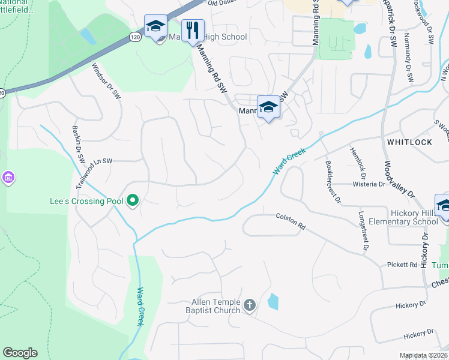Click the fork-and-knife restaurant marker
click(193, 30)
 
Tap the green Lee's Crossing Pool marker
click(134, 202)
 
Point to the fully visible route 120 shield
click(136, 37)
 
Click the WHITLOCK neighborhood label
click(409, 142)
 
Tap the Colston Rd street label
click(291, 221)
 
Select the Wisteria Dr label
click(369, 185)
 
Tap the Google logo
click(20, 353)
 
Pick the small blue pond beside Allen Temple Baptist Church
click(273, 301)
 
